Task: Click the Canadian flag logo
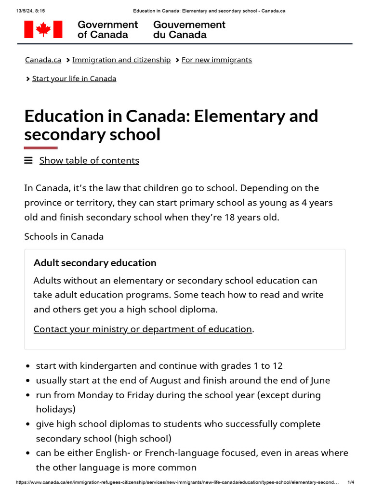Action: click(43, 29)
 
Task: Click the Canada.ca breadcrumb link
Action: click(43, 60)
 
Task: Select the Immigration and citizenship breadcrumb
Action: click(121, 60)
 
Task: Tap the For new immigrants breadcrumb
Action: click(216, 60)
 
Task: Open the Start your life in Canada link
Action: click(74, 78)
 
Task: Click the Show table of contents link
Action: click(89, 160)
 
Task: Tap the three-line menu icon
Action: click(28, 160)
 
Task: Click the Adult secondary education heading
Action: click(95, 263)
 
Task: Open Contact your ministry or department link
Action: click(143, 329)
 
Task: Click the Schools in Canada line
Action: click(64, 236)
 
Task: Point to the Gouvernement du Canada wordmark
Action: click(189, 29)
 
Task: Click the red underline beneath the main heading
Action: click(41, 148)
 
